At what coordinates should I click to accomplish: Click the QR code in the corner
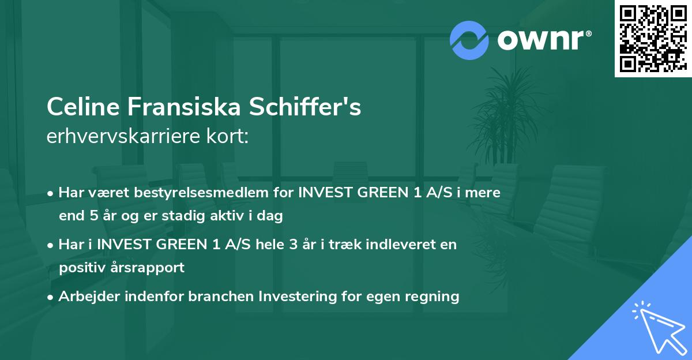(x=653, y=38)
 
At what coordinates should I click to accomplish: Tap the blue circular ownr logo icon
(x=469, y=40)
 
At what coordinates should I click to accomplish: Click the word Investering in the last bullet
(x=295, y=297)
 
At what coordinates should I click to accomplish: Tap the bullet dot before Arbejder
(x=51, y=297)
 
